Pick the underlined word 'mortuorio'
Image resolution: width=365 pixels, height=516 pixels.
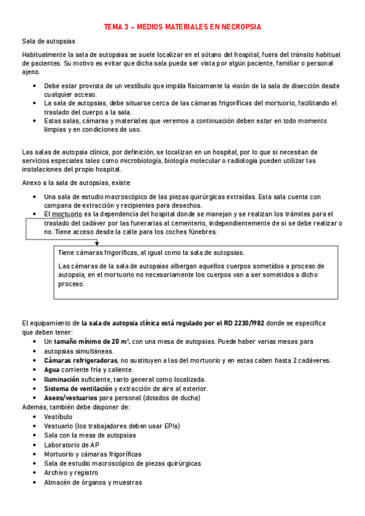tap(68, 214)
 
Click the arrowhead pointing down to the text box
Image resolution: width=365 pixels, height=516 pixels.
tap(96, 242)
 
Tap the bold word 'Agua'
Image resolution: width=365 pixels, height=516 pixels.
tap(52, 369)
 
